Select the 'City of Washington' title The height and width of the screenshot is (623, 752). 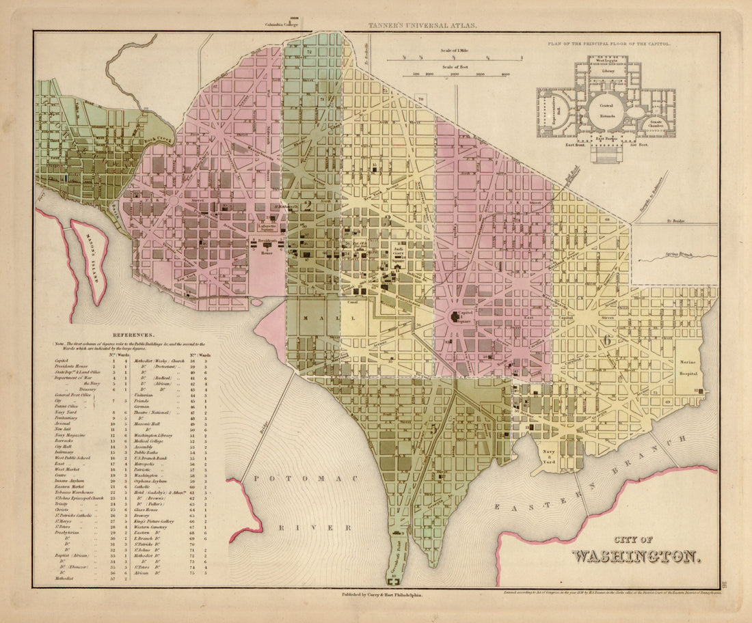tap(636, 549)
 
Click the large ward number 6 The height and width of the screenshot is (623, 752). tap(606, 340)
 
